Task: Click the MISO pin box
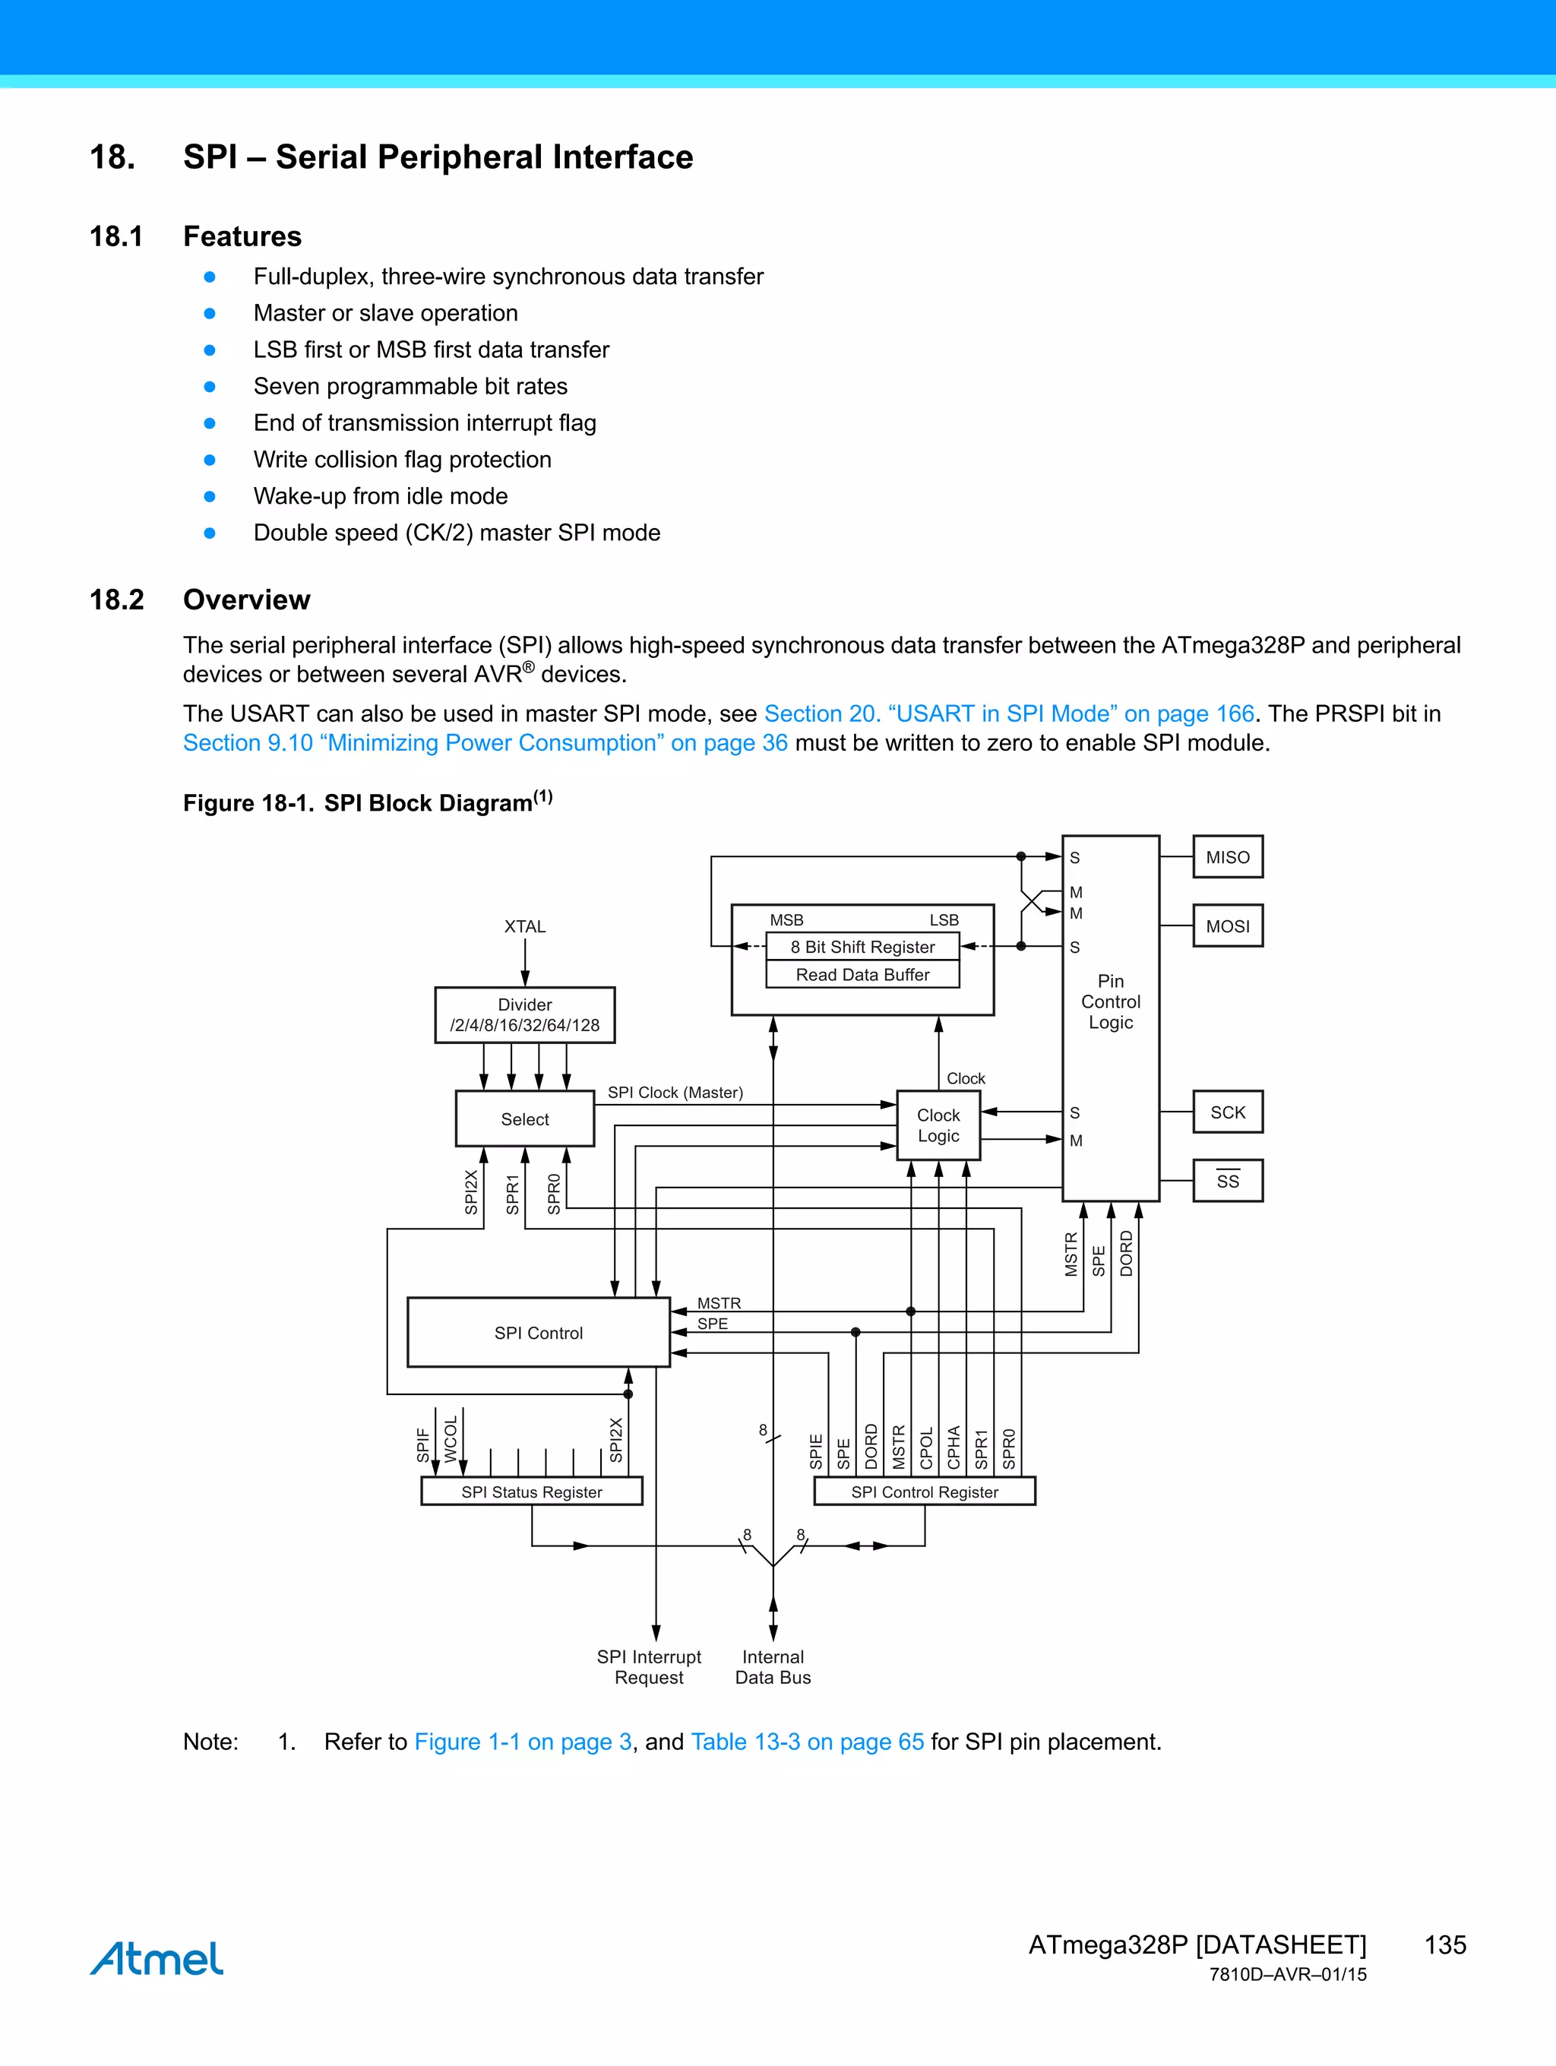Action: pyautogui.click(x=1227, y=856)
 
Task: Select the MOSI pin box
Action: pyautogui.click(x=1227, y=925)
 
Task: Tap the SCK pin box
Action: pyautogui.click(x=1227, y=1112)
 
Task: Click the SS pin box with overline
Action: pyautogui.click(x=1227, y=1181)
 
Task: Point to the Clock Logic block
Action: pyautogui.click(x=938, y=1125)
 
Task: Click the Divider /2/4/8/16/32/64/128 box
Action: pyautogui.click(x=525, y=1015)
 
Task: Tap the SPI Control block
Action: pyautogui.click(x=539, y=1333)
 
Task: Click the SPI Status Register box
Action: pyautogui.click(x=531, y=1492)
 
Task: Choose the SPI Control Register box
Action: pyautogui.click(x=925, y=1492)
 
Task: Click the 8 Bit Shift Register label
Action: pyautogui.click(x=862, y=947)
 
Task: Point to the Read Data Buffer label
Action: pyautogui.click(x=862, y=974)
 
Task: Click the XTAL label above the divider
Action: pyautogui.click(x=525, y=926)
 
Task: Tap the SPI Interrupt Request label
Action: pyautogui.click(x=649, y=1667)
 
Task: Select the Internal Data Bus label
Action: pyautogui.click(x=773, y=1667)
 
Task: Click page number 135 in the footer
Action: pyautogui.click(x=1445, y=1944)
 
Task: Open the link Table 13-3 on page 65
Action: pyautogui.click(x=807, y=1742)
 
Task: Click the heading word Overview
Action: pyautogui.click(x=247, y=600)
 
